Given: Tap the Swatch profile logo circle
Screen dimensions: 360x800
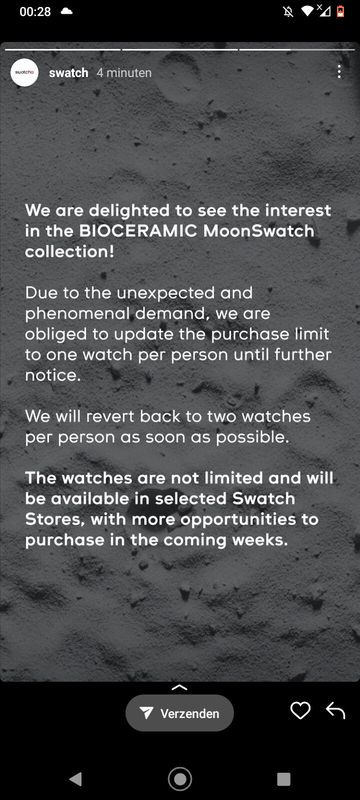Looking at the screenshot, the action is point(24,72).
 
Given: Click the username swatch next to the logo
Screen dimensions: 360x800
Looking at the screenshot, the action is point(68,73).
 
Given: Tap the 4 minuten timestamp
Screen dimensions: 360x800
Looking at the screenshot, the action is point(124,73).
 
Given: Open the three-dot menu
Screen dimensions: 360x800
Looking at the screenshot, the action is point(339,71).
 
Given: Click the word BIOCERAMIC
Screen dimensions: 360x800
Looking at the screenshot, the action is point(138,230).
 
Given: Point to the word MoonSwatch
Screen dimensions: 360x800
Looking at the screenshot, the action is point(259,230).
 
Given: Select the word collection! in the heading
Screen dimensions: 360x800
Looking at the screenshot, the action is point(69,251).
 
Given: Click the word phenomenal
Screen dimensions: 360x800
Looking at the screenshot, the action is point(77,314).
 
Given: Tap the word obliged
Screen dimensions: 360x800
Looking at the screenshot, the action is point(55,334).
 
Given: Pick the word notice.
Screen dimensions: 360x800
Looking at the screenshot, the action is point(53,375).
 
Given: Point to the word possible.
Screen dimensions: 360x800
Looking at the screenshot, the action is point(252,437).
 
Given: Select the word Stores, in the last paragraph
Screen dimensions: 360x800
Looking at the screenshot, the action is point(55,519).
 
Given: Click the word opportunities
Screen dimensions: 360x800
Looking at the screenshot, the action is point(238,520).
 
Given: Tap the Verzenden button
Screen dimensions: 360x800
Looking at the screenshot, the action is point(179,713).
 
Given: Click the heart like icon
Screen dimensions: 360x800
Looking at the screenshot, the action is point(300,710).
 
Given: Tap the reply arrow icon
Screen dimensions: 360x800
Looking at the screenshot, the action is point(335,710).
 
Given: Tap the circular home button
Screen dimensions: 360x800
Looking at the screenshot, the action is point(180,779).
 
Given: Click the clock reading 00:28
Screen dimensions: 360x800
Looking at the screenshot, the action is point(35,12).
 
